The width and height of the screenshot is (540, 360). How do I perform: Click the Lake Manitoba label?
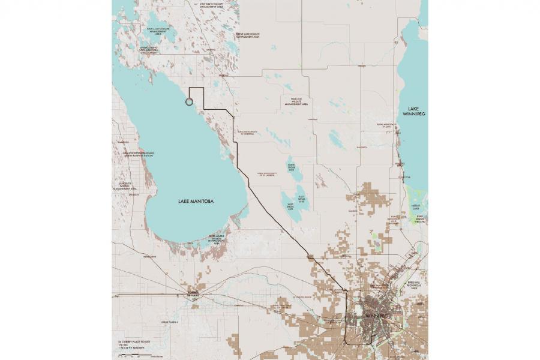click(196, 201)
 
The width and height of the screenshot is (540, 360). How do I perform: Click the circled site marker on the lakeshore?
click(190, 102)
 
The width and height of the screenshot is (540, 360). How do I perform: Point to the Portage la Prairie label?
click(192, 295)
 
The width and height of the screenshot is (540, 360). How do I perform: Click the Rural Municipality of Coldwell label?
click(247, 133)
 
